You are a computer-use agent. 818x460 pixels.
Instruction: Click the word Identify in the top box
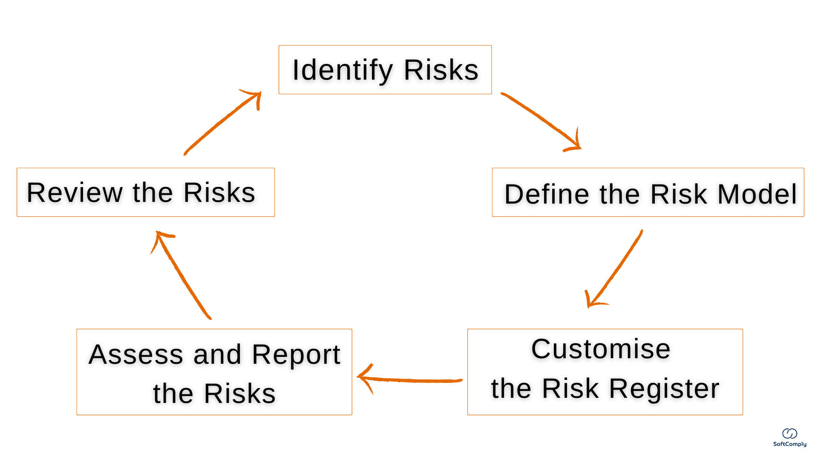coord(342,70)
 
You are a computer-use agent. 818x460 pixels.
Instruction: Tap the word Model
coord(757,194)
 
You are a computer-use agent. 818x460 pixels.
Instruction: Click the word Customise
coord(601,349)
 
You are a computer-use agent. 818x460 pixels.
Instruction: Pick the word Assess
coord(136,354)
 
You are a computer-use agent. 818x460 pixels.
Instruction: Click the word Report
coord(296,354)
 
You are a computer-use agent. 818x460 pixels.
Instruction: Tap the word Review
coord(75,193)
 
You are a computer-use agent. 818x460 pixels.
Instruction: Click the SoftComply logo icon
coord(789,434)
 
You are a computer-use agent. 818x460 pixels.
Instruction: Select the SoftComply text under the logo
coord(789,444)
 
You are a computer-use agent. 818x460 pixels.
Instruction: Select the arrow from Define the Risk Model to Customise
coord(616,268)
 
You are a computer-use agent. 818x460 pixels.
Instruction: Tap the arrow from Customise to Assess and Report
coord(411,379)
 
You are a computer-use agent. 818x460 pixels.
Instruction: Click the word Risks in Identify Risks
coord(441,70)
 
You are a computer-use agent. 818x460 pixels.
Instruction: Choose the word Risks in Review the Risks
coord(219,193)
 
